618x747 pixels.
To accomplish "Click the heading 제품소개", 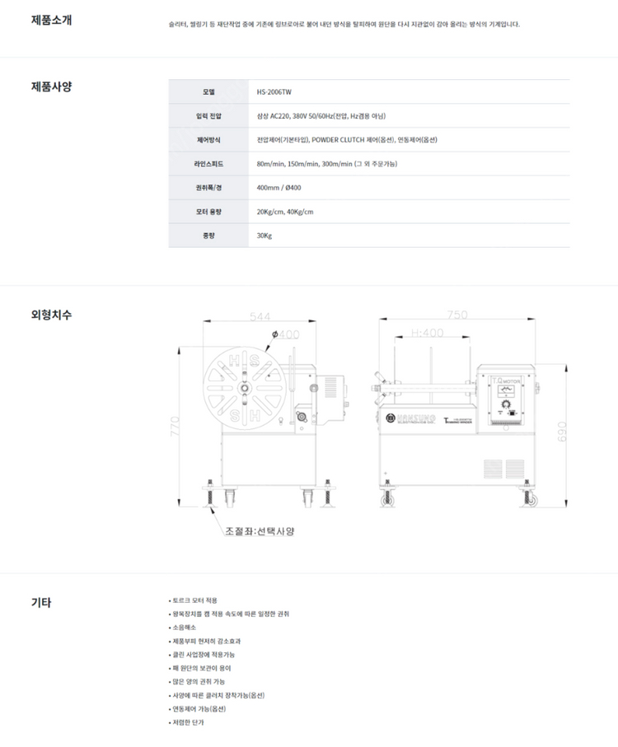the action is click(x=51, y=21).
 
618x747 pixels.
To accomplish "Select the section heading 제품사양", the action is click(x=51, y=86).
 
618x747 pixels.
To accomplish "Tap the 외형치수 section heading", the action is click(x=51, y=314).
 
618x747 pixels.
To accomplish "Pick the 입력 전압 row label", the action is click(x=208, y=116).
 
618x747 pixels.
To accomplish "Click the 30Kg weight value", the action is click(x=265, y=236).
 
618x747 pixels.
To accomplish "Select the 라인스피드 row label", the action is click(x=208, y=164).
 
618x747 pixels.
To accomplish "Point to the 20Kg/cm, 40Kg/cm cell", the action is click(x=285, y=212).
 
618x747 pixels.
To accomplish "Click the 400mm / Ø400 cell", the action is click(x=279, y=188).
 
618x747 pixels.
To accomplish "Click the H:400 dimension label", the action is click(x=427, y=333).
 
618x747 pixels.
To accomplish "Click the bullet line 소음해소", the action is click(x=185, y=627).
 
